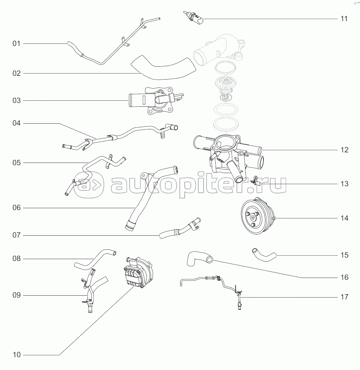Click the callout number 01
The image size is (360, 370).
16,44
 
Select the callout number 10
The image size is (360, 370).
16,355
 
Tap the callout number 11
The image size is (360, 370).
344,18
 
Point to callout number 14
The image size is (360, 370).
344,218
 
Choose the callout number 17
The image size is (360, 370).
344,297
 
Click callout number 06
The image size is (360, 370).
16,208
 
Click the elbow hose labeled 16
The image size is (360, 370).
198,259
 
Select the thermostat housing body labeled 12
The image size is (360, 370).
226,153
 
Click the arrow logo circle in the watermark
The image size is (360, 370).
88,184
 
